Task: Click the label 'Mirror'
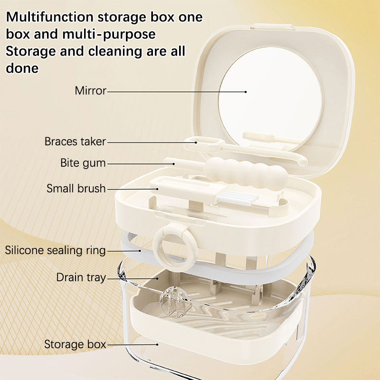[90, 91]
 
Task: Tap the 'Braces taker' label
[75, 141]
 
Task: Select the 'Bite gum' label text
[83, 163]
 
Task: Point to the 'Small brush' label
[76, 188]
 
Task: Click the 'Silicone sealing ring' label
[55, 250]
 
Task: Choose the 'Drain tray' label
[81, 277]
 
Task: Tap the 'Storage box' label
[75, 344]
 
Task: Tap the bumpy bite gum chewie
[247, 171]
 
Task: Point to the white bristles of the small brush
[237, 196]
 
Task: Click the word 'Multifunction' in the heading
[50, 17]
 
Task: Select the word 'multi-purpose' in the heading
[109, 34]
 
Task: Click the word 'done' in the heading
[22, 68]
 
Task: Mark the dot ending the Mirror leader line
[246, 92]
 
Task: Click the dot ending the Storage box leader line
[158, 344]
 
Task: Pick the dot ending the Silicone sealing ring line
[140, 251]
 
